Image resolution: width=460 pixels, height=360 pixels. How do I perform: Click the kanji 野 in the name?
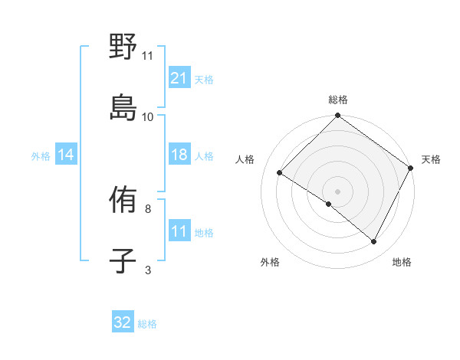pyautogui.click(x=123, y=47)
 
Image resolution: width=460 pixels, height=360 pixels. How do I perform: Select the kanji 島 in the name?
pyautogui.click(x=123, y=106)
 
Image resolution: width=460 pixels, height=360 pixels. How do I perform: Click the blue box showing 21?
pyautogui.click(x=179, y=77)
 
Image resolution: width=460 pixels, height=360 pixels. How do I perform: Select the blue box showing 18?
pyautogui.click(x=179, y=155)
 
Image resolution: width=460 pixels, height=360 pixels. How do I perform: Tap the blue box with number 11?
pyautogui.click(x=179, y=231)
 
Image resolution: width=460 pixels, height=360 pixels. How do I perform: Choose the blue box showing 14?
pyautogui.click(x=66, y=155)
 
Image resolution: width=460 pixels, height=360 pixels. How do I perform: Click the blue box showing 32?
pyautogui.click(x=123, y=322)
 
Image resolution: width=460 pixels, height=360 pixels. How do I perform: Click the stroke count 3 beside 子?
pyautogui.click(x=148, y=270)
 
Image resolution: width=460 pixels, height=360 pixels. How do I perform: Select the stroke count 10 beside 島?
pyautogui.click(x=147, y=116)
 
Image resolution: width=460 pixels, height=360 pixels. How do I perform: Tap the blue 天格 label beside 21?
pyautogui.click(x=204, y=79)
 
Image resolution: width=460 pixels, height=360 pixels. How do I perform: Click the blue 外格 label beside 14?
pyautogui.click(x=41, y=155)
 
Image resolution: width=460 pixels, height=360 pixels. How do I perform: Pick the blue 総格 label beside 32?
pyautogui.click(x=147, y=324)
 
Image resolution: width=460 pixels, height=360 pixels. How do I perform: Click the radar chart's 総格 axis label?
pyautogui.click(x=338, y=100)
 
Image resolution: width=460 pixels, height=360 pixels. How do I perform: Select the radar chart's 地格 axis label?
pyautogui.click(x=402, y=263)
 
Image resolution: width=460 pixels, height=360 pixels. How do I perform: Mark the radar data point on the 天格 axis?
pyautogui.click(x=411, y=167)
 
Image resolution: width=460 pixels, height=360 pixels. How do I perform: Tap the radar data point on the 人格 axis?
pyautogui.click(x=280, y=173)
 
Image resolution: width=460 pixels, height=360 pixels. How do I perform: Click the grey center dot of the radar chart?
pyautogui.click(x=337, y=191)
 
